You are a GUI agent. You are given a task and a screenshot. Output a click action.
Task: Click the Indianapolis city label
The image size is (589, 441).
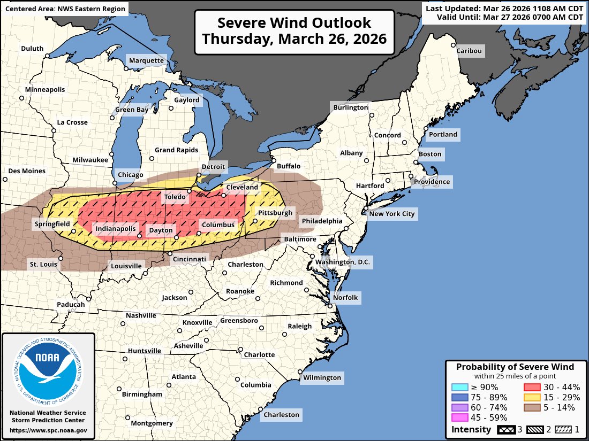pyautogui.click(x=116, y=229)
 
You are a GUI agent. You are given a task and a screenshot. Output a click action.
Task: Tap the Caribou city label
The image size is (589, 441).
pyautogui.click(x=469, y=51)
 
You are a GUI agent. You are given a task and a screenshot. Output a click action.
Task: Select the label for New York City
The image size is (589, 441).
pyautogui.click(x=392, y=214)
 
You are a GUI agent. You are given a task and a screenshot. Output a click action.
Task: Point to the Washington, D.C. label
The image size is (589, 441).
pyautogui.click(x=343, y=262)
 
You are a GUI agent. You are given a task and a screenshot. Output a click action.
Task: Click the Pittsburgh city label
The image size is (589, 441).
pyautogui.click(x=275, y=213)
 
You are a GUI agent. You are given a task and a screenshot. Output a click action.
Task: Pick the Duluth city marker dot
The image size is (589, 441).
pyautogui.click(x=47, y=56)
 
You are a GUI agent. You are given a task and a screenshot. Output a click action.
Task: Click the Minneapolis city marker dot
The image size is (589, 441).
pyautogui.click(x=22, y=97)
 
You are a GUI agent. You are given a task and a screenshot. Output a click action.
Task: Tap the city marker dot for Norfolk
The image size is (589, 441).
pyautogui.click(x=330, y=305)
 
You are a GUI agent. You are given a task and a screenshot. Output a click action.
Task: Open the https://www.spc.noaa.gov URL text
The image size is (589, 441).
pyautogui.click(x=48, y=430)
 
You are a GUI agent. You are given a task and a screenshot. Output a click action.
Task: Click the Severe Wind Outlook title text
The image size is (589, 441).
pyautogui.click(x=294, y=31)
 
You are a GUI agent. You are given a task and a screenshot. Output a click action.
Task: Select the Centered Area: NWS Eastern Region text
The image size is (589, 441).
pyautogui.click(x=65, y=9)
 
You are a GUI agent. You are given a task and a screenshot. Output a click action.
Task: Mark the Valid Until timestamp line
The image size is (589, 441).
pyautogui.click(x=509, y=17)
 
